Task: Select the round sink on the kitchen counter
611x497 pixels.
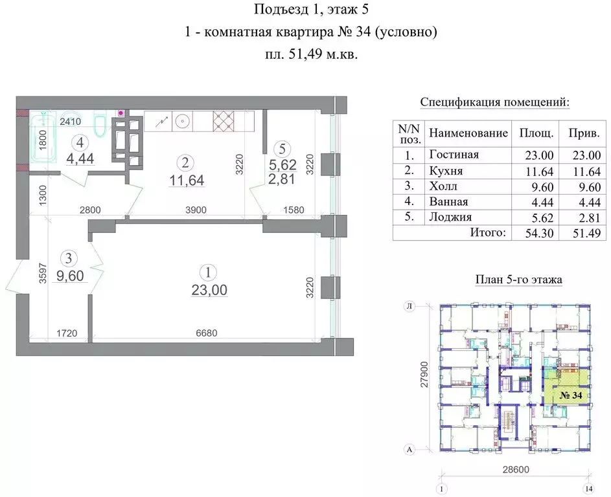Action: pos(183,120)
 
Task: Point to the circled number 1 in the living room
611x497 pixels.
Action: pos(209,273)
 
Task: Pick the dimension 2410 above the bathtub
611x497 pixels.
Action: pos(69,120)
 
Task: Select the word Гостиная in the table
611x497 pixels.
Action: pos(454,154)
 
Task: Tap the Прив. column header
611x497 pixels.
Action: pos(582,133)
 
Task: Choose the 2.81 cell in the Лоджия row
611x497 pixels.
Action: pos(582,217)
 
